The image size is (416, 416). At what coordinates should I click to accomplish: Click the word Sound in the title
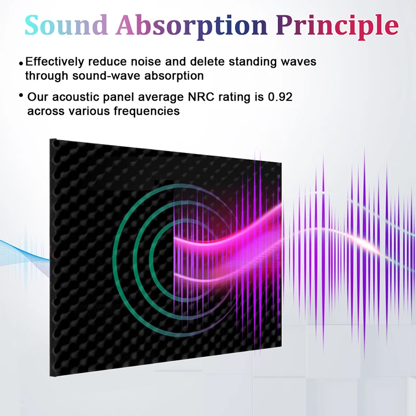(x=66, y=25)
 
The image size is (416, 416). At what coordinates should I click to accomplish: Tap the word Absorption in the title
(x=191, y=27)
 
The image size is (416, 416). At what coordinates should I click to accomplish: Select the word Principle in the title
(x=337, y=27)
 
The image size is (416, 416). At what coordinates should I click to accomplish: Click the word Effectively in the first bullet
(x=55, y=62)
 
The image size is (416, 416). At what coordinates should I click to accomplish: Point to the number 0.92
(x=280, y=97)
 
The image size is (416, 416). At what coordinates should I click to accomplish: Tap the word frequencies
(x=147, y=111)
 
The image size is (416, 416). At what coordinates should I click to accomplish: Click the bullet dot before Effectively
(x=21, y=63)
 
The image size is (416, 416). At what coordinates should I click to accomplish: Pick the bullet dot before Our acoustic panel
(x=21, y=95)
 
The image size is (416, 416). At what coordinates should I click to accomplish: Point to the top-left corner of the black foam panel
(x=50, y=139)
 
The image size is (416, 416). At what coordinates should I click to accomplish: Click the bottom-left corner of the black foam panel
(x=50, y=376)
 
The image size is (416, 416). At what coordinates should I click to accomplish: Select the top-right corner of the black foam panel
(x=281, y=162)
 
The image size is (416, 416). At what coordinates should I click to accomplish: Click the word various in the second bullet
(x=89, y=111)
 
